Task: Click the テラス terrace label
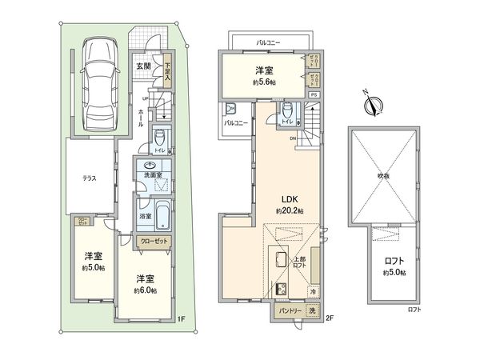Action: click(x=90, y=179)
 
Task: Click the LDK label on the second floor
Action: click(x=287, y=198)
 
